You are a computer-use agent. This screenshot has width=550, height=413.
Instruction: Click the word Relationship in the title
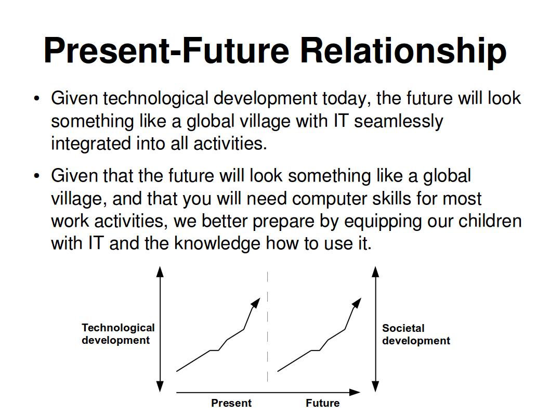tap(403, 51)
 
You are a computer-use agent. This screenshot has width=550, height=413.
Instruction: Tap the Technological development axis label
tap(118, 334)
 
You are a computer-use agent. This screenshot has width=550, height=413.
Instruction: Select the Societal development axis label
tap(416, 334)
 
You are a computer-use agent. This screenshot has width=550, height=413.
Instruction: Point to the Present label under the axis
tap(231, 403)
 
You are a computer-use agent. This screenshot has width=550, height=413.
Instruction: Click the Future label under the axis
tap(322, 403)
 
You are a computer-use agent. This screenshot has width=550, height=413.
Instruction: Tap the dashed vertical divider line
tap(267, 326)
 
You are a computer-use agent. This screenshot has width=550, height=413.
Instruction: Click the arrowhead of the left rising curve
tap(256, 303)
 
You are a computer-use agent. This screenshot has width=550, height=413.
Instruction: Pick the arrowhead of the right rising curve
tap(357, 303)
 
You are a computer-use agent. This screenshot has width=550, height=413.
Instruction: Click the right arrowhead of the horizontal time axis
tap(355, 392)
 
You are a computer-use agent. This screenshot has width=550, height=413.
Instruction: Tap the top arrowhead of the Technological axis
tap(160, 272)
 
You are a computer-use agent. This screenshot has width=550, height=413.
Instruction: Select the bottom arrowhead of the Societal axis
tap(375, 386)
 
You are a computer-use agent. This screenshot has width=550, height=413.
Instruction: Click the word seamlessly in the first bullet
tap(399, 121)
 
